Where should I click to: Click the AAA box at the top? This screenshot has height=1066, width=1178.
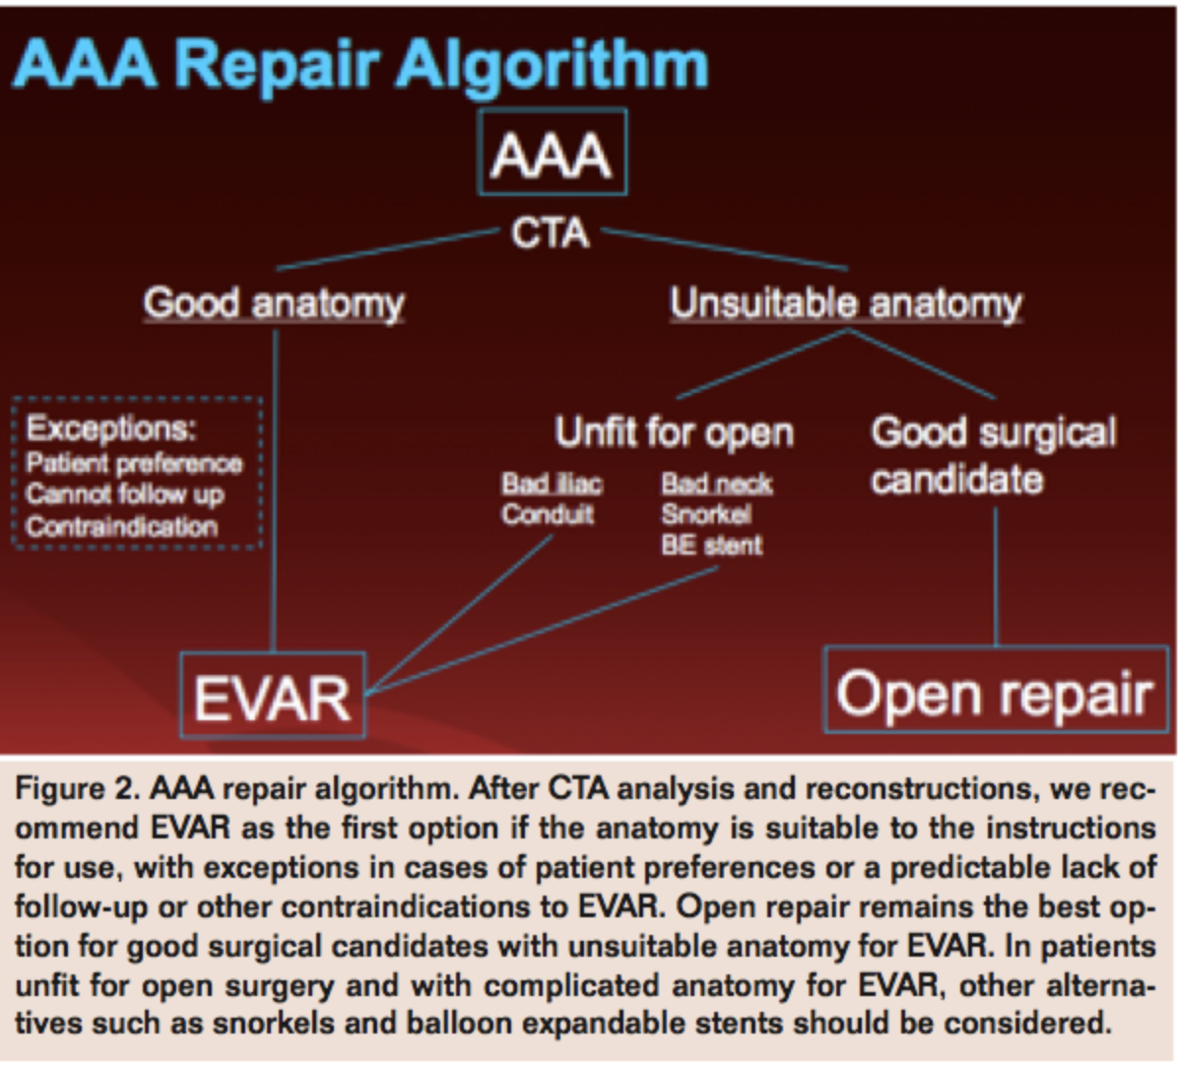[552, 153]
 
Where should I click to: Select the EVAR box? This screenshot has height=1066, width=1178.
[273, 696]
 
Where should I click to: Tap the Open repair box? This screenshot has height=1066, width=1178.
[995, 692]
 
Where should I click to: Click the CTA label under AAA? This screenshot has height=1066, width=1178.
[550, 233]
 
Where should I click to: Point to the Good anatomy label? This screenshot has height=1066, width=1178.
[274, 302]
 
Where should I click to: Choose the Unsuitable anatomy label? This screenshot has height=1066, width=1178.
[846, 303]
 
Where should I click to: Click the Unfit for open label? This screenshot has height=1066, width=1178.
[674, 433]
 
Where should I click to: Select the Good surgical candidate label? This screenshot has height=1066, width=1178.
[993, 455]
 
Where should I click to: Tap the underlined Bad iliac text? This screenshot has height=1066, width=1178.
[551, 484]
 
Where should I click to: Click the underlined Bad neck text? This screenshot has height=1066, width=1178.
[716, 484]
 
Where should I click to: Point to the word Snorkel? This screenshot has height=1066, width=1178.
[705, 514]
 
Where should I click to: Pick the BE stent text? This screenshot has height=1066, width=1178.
[711, 545]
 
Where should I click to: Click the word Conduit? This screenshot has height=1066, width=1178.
[548, 514]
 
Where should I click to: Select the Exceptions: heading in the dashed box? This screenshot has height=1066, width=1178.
[110, 429]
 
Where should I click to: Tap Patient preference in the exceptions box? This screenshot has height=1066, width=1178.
[134, 463]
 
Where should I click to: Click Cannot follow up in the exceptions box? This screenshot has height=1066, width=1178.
[125, 494]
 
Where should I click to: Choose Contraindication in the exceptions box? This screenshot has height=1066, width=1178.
[121, 526]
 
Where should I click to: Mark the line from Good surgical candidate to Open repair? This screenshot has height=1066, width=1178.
[996, 576]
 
